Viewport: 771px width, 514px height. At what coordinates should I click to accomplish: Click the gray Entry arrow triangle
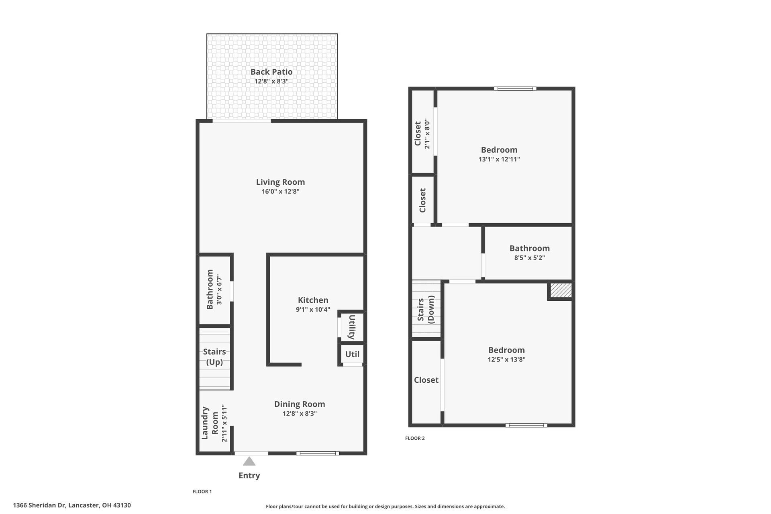click(249, 461)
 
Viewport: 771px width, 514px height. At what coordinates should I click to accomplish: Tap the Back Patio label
click(271, 72)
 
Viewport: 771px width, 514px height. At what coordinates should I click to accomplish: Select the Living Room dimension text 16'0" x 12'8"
click(280, 192)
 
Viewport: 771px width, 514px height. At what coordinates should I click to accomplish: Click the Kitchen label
click(313, 300)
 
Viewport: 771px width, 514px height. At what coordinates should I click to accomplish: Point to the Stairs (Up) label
click(214, 357)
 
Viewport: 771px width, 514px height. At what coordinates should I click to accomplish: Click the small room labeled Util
click(352, 354)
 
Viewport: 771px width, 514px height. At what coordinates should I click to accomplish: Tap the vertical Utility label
click(352, 326)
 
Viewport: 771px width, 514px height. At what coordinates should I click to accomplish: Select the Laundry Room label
click(210, 423)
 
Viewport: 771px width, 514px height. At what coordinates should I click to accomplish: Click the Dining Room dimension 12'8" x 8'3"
click(300, 414)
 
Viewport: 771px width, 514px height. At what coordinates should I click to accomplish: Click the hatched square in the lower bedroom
click(561, 290)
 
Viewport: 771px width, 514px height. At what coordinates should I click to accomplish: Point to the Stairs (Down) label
click(426, 310)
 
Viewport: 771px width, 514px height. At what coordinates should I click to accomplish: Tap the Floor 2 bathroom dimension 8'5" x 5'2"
click(529, 258)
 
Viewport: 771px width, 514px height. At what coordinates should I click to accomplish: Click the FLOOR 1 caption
click(202, 492)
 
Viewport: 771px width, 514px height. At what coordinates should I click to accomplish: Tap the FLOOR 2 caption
click(414, 438)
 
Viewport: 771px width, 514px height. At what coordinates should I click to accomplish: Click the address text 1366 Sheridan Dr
click(39, 505)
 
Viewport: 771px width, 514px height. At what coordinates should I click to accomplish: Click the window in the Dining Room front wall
click(318, 453)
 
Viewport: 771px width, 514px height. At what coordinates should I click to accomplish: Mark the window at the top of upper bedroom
click(515, 88)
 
